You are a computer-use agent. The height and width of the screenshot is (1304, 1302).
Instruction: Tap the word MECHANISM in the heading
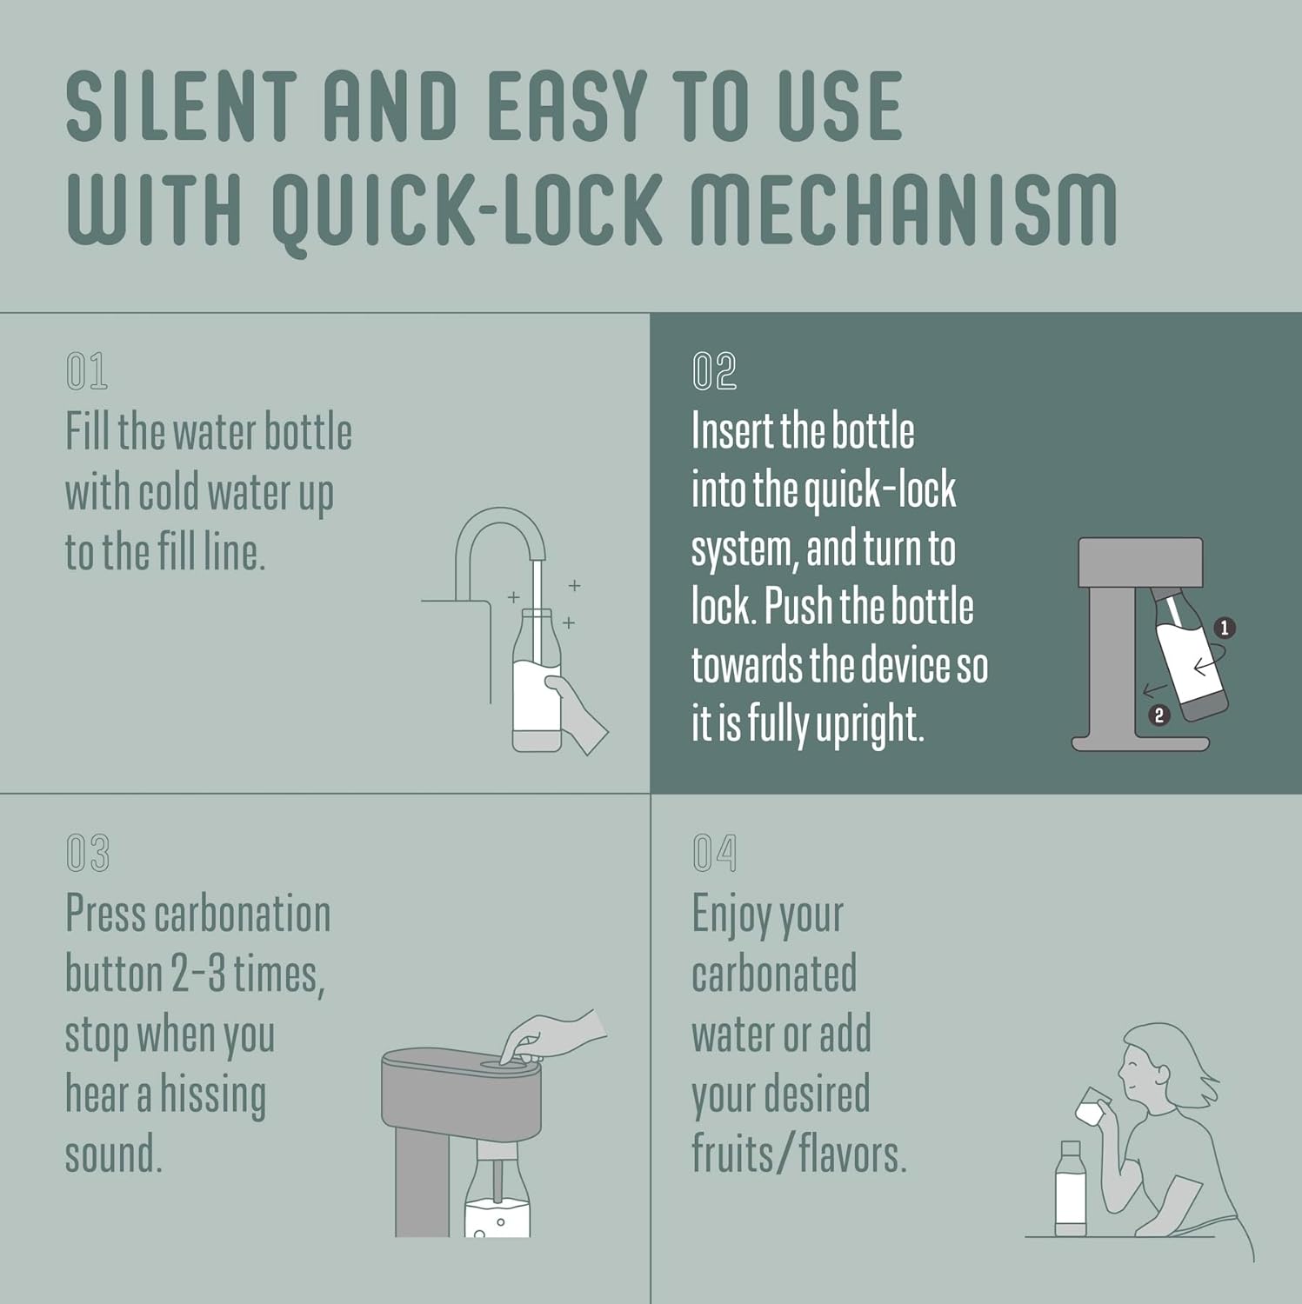[x=904, y=210]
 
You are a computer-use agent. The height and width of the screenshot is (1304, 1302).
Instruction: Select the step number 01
[x=87, y=371]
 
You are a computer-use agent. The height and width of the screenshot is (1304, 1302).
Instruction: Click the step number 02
[x=714, y=371]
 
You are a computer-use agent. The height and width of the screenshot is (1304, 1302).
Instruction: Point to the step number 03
[x=88, y=853]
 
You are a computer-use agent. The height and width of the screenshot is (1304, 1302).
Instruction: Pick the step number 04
[x=714, y=853]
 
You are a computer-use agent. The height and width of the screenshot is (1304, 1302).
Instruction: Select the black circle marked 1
[x=1225, y=628]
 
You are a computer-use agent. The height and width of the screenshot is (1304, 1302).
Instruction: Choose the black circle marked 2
[x=1158, y=715]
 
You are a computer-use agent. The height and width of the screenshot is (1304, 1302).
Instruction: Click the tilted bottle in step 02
[x=1189, y=652]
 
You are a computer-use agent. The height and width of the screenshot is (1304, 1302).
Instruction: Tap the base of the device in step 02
[x=1140, y=743]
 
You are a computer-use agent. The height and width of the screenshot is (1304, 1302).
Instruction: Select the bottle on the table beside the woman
[x=1071, y=1188]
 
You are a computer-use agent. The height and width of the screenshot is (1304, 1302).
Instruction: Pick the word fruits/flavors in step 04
[x=799, y=1154]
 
